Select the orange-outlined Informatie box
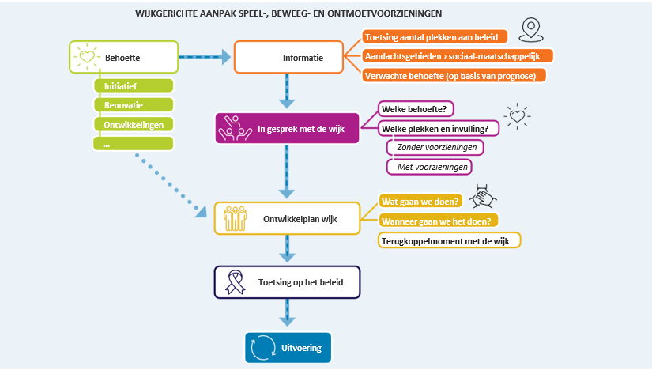(x=289, y=58)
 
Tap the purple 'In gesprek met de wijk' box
(x=286, y=126)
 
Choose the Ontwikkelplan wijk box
(x=287, y=218)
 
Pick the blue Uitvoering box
(x=287, y=346)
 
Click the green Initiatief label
(x=133, y=85)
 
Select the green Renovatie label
(x=133, y=104)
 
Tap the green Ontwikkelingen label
(x=133, y=124)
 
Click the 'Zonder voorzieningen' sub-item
(x=435, y=147)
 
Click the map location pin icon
(x=532, y=30)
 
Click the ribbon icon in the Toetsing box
(x=236, y=282)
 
